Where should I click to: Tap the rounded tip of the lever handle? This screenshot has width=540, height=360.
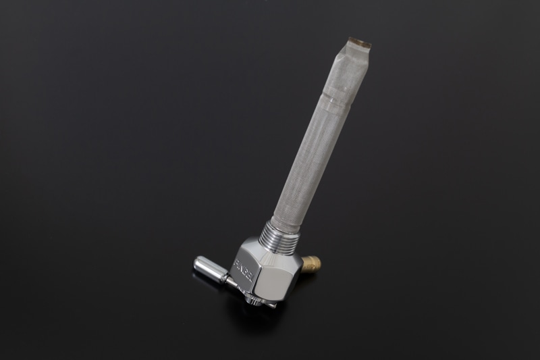click(196, 262)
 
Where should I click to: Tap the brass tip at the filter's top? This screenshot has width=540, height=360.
click(360, 42)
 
